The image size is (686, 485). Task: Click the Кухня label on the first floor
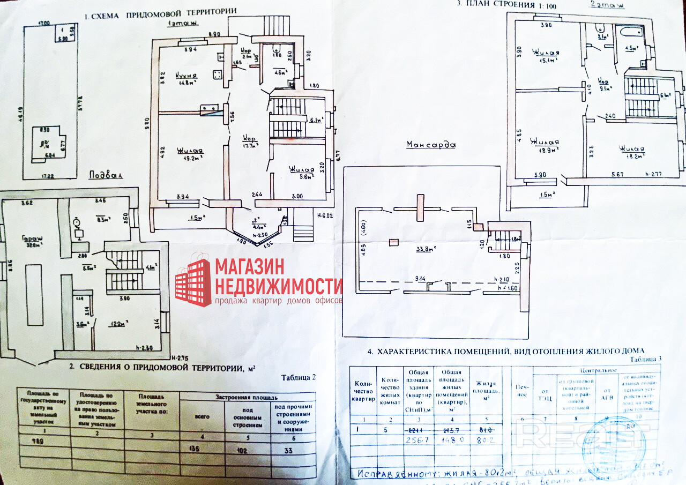click(x=187, y=76)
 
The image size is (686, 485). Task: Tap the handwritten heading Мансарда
click(x=430, y=145)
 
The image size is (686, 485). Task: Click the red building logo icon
click(x=193, y=282)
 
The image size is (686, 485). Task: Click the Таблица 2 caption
click(x=299, y=377)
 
